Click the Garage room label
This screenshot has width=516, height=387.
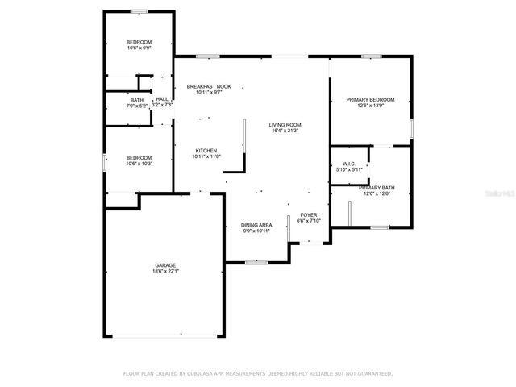click(x=166, y=265)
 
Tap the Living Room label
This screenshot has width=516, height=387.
click(x=285, y=124)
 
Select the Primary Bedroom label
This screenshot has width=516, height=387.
click(x=370, y=99)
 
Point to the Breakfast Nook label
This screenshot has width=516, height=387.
click(x=209, y=86)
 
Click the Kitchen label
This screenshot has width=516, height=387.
click(x=206, y=151)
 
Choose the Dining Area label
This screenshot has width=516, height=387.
click(x=257, y=225)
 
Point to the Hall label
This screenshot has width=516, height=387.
click(x=162, y=99)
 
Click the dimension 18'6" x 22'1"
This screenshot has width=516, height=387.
click(x=166, y=272)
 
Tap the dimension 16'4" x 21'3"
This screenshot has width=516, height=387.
click(x=285, y=131)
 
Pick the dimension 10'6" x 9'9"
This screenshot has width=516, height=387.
click(x=139, y=48)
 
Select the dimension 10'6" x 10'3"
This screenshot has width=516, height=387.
click(x=139, y=164)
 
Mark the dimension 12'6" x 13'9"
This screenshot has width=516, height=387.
click(x=370, y=106)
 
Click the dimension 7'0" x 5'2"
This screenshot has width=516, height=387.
click(x=137, y=106)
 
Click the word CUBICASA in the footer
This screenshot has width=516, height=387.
click(x=207, y=374)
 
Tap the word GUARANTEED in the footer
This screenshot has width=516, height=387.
click(x=372, y=374)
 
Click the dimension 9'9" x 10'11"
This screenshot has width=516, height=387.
click(x=257, y=231)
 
